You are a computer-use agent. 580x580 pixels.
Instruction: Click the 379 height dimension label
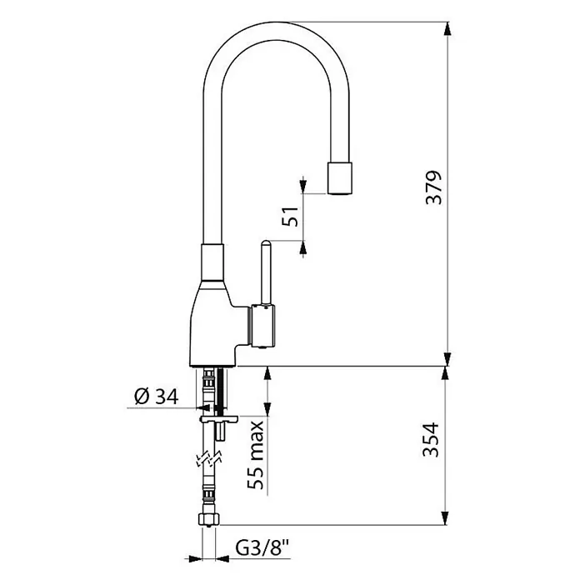(x=434, y=187)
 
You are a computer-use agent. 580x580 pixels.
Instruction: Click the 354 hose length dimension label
(x=431, y=440)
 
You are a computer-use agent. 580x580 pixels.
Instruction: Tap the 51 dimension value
(x=290, y=217)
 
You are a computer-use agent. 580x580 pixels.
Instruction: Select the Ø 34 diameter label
(x=157, y=397)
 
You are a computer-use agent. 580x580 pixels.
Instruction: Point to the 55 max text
(x=256, y=455)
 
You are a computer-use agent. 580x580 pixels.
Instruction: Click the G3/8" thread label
(x=262, y=548)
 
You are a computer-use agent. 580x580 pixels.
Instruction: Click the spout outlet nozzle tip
(x=339, y=178)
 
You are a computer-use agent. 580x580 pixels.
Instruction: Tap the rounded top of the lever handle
(x=266, y=245)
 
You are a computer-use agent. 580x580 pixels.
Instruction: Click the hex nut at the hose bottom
(x=209, y=518)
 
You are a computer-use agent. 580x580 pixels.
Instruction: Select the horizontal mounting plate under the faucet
(x=218, y=418)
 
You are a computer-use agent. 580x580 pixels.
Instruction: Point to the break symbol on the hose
(x=209, y=458)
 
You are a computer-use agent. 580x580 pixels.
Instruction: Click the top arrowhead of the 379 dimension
(x=447, y=29)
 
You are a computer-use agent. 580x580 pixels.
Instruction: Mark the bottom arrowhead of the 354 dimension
(x=445, y=517)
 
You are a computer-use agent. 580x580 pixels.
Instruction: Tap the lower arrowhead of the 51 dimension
(x=303, y=248)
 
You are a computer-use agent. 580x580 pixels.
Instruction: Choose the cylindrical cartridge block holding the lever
(x=263, y=326)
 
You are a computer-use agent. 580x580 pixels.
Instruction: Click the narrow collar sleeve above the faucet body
(x=212, y=262)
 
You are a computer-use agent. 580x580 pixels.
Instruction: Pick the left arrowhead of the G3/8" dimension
(x=196, y=558)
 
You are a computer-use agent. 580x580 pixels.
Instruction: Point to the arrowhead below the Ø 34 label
(x=202, y=407)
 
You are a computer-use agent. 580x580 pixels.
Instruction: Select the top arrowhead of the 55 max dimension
(x=267, y=374)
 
